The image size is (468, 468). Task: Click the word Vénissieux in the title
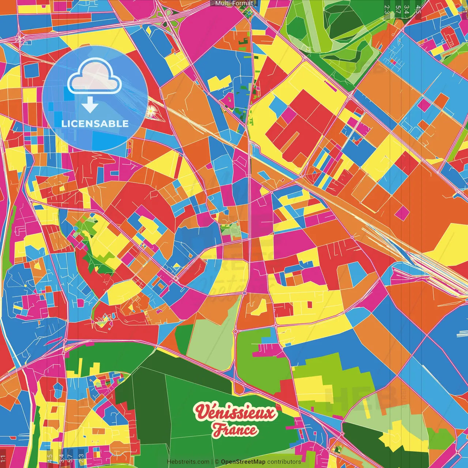tap(235, 413)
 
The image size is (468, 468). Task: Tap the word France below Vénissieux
tap(235, 430)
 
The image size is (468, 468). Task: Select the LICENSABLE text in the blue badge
tap(95, 124)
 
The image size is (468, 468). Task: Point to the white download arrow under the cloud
tap(90, 105)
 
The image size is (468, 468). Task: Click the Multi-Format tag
tap(234, 3)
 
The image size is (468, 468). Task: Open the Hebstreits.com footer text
tap(188, 462)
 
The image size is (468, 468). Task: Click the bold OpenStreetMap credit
tap(243, 462)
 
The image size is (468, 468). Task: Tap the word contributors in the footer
tap(284, 462)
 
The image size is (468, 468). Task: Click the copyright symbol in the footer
tap(217, 462)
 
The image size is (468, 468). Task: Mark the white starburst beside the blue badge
tap(151, 110)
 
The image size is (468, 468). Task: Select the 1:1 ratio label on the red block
tap(3, 457)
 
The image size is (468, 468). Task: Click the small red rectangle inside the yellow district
tap(310, 304)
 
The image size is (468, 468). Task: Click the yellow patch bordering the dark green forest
tap(94, 367)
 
